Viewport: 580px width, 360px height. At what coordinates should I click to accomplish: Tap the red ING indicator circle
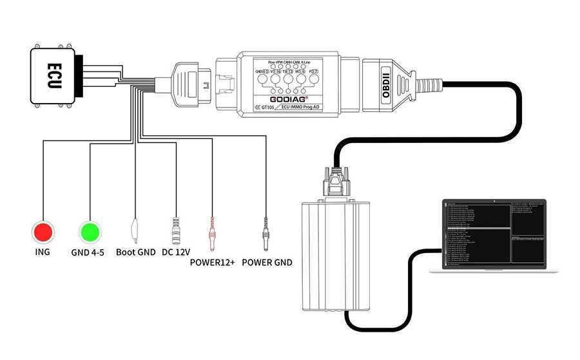[43, 230]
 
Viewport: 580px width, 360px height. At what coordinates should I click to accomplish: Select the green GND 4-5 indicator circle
[90, 230]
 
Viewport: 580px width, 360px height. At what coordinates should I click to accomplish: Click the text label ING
[43, 252]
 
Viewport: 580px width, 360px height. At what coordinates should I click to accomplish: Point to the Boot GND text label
[135, 252]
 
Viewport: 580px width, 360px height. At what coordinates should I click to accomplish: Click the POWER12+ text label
[211, 262]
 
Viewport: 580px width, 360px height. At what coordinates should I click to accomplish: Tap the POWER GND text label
[267, 262]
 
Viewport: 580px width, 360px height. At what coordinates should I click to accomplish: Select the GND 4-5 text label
[89, 252]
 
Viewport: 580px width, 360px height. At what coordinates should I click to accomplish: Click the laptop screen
[494, 231]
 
